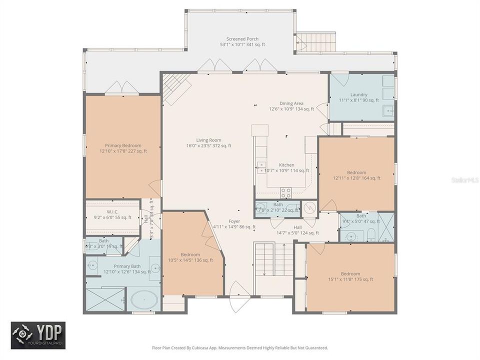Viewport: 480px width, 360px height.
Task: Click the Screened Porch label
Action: (242, 41)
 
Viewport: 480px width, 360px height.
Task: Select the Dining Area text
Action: (291, 106)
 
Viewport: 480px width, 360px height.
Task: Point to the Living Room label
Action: (208, 143)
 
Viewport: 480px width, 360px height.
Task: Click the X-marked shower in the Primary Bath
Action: (105, 299)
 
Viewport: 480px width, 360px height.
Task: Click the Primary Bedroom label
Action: (123, 148)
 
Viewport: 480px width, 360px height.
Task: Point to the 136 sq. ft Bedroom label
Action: (190, 257)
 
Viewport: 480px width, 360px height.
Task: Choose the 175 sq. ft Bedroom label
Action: (350, 276)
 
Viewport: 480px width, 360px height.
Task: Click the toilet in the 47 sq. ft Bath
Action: (370, 234)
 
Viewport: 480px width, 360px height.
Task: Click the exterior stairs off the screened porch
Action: (308, 43)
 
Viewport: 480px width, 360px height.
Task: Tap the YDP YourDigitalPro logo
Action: (38, 335)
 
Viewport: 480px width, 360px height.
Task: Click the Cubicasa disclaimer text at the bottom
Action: (240, 347)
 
